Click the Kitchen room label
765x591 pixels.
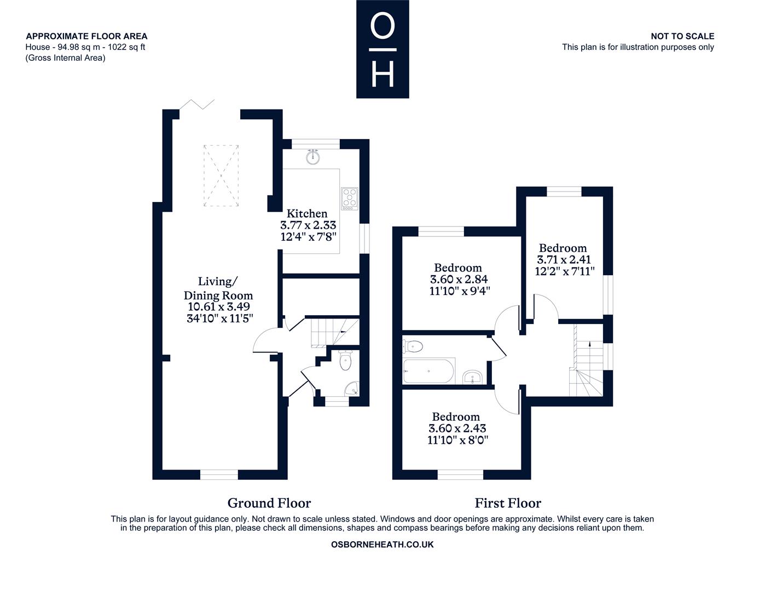tap(306, 213)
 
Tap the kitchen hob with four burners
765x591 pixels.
tap(349, 199)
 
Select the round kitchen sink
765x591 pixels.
tap(312, 157)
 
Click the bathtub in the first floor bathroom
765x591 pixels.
tap(429, 370)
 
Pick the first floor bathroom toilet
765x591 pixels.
tap(413, 346)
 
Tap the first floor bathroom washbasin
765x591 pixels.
tap(472, 376)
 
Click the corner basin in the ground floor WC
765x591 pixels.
tap(352, 389)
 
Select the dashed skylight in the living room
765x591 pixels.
tap(221, 176)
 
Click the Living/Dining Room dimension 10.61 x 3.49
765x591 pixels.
tap(219, 306)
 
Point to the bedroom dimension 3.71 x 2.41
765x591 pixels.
tap(563, 259)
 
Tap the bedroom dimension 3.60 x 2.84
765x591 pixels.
tap(459, 279)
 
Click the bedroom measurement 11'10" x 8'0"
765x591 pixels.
tap(457, 440)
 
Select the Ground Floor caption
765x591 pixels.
tap(269, 503)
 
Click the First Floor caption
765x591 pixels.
tap(508, 503)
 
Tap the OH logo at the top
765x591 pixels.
tap(382, 49)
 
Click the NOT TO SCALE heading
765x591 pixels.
tap(682, 36)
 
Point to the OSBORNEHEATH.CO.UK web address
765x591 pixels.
tap(382, 544)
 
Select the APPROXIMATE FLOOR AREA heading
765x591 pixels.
tap(86, 36)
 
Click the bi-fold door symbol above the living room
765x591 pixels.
tap(197, 105)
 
